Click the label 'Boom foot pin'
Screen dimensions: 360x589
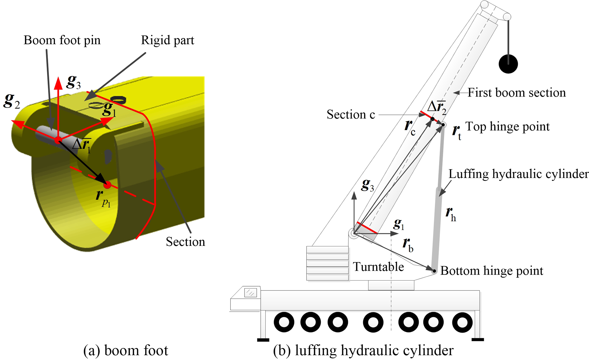(62, 40)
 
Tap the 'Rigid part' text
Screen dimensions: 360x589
(168, 40)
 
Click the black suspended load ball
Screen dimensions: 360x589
(508, 64)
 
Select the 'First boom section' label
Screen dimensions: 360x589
(516, 93)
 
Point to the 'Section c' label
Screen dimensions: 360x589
(350, 114)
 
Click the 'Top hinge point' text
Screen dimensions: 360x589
(507, 127)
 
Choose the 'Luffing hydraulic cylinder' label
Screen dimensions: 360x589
(518, 174)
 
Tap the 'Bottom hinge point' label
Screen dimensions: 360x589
(492, 271)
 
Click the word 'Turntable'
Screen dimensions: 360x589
(378, 267)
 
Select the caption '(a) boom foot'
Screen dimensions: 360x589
(126, 350)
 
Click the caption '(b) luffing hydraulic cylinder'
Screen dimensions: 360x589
(363, 350)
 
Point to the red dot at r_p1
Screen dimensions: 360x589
(107, 185)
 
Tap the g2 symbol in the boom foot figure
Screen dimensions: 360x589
(12, 101)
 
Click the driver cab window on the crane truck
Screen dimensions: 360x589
(250, 292)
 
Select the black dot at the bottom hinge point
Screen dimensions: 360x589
(434, 271)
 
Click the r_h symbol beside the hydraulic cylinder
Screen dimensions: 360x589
(451, 214)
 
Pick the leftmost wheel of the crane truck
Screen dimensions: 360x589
(284, 322)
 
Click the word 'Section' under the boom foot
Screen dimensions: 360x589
(185, 242)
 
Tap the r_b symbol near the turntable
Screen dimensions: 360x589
(408, 245)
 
